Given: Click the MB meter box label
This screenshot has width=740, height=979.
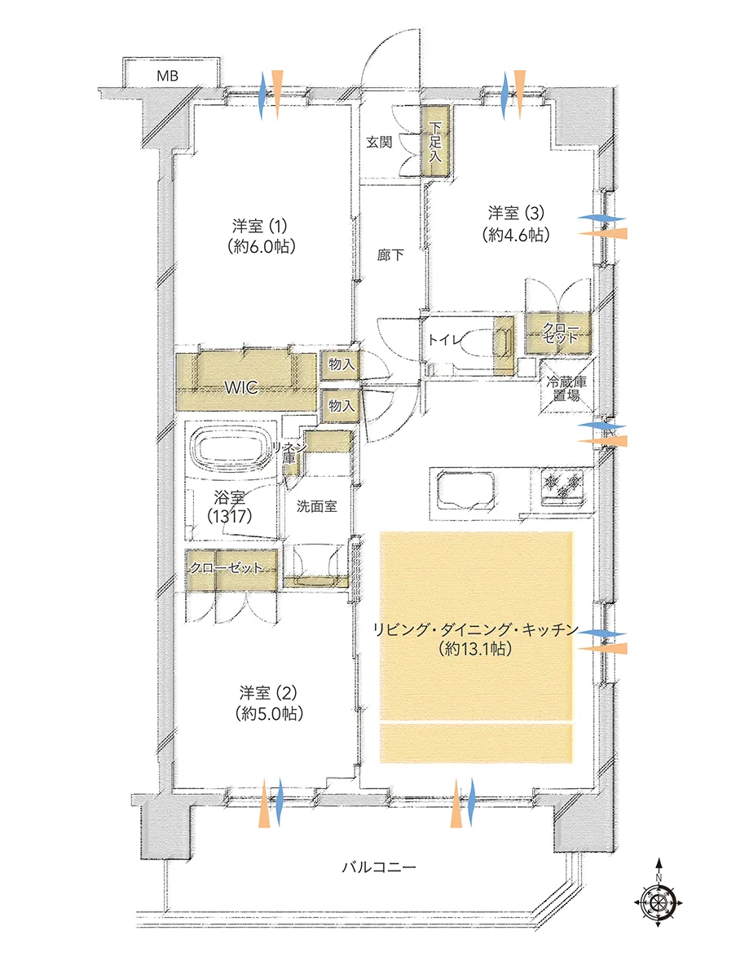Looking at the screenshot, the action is pos(167,76).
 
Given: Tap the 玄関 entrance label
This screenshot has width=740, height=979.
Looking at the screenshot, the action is pos(379,143).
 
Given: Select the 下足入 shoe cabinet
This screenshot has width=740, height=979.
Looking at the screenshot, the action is pos(435,142).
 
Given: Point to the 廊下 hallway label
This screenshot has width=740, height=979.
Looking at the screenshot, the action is pos(390,254).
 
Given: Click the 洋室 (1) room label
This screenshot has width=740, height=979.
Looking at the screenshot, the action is pos(259,226).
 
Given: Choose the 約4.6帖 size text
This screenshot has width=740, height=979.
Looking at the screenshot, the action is pos(516,235).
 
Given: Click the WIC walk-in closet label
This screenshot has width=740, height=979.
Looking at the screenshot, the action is pos(241,387).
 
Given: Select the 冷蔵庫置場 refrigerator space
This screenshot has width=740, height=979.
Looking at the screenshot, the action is pos(566,387).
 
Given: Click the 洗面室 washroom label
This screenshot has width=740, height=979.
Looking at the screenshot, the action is pos(316,506).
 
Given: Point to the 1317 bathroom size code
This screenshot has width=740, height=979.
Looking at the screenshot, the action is pos(230,516).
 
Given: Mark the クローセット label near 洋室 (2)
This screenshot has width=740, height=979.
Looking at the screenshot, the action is pos(226,567).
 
